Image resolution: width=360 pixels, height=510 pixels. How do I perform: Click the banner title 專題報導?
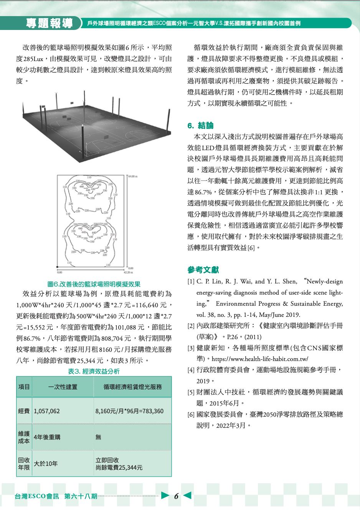coord(50,23)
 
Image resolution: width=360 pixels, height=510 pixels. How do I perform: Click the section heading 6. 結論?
coord(200,126)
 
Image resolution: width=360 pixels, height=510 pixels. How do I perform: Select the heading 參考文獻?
coord(203,270)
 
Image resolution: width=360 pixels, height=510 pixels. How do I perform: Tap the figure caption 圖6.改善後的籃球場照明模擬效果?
coord(94,284)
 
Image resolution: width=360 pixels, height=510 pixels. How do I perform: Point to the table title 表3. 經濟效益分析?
coord(94,371)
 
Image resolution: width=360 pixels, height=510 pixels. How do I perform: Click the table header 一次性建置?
coord(63,387)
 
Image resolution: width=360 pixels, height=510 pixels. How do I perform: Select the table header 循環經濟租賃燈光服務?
coord(132,387)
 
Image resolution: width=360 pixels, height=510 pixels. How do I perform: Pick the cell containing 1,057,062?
coord(47,411)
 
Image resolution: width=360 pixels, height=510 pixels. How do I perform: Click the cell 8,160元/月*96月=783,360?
coord(129,411)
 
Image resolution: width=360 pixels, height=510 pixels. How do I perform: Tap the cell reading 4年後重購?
coord(47,437)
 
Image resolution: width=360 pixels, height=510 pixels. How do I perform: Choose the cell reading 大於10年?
coord(46,464)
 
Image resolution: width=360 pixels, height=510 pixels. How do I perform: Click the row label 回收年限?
coord(24,464)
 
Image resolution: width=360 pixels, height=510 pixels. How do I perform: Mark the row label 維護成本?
coord(24,437)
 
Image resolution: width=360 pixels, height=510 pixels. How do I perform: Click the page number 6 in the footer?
coord(176,496)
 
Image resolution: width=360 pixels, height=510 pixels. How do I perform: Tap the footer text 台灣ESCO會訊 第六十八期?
coord(56,496)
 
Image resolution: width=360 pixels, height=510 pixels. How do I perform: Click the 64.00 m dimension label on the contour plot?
coord(133,177)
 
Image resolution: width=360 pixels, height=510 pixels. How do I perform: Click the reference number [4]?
coord(191,370)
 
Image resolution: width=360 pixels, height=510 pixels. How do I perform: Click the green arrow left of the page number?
coord(165,495)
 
